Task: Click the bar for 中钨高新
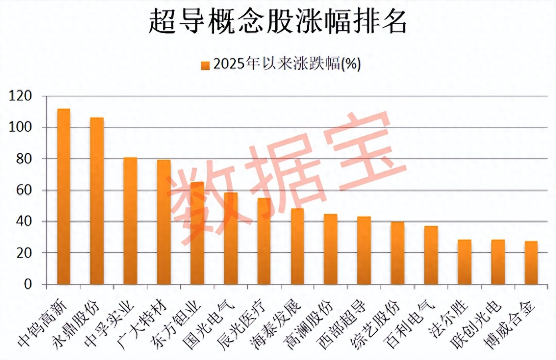63,196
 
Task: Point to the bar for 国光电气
231,238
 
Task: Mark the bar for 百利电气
431,255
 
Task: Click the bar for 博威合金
531,263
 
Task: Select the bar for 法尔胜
464,262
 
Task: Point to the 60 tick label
24,190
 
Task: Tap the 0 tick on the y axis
28,284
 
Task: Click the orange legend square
205,65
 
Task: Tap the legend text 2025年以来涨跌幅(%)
287,64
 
